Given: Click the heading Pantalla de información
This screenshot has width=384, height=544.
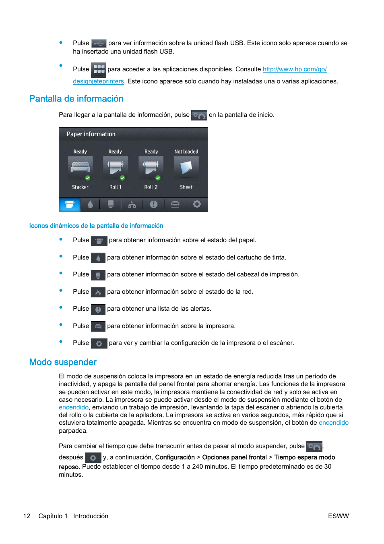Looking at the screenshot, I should pyautogui.click(x=76, y=99).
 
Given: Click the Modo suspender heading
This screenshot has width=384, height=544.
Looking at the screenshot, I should pyautogui.click(x=63, y=362).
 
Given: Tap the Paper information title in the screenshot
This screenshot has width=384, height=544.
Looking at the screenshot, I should pyautogui.click(x=91, y=134).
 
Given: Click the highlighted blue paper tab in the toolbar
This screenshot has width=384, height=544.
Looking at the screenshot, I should pyautogui.click(x=70, y=204).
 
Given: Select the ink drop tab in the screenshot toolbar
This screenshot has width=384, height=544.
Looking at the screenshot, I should pyautogui.click(x=90, y=204).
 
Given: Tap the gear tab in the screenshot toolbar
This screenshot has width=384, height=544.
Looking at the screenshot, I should pyautogui.click(x=197, y=204).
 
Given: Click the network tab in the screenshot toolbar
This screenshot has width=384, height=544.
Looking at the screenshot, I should pyautogui.click(x=132, y=204).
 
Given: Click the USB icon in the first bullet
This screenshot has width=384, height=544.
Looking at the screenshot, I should pyautogui.click(x=99, y=43).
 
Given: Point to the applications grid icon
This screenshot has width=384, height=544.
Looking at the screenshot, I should pyautogui.click(x=99, y=70).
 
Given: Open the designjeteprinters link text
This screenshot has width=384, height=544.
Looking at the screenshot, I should pyautogui.click(x=98, y=81).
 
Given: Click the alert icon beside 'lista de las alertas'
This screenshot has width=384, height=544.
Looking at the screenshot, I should pyautogui.click(x=98, y=309).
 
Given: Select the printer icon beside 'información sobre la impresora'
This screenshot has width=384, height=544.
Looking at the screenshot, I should pyautogui.click(x=98, y=326).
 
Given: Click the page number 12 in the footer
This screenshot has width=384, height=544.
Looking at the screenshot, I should pyautogui.click(x=27, y=516).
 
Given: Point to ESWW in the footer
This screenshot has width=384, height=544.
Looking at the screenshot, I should pyautogui.click(x=338, y=516).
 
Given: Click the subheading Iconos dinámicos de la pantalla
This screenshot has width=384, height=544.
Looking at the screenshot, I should pyautogui.click(x=96, y=226).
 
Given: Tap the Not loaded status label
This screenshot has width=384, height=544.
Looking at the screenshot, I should pyautogui.click(x=186, y=152).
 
